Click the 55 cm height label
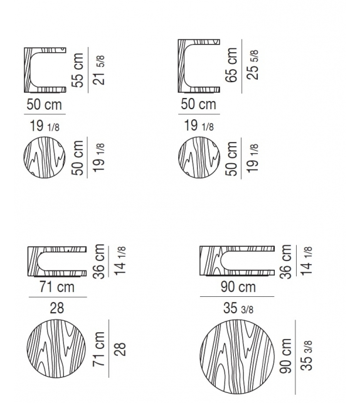click(78, 70)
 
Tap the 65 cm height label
click(231, 65)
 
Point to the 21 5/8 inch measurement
click(99, 70)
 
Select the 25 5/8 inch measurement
click(253, 65)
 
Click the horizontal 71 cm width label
click(57, 287)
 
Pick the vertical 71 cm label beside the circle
click(99, 349)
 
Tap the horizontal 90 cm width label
click(238, 287)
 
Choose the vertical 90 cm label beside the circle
click(285, 356)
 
